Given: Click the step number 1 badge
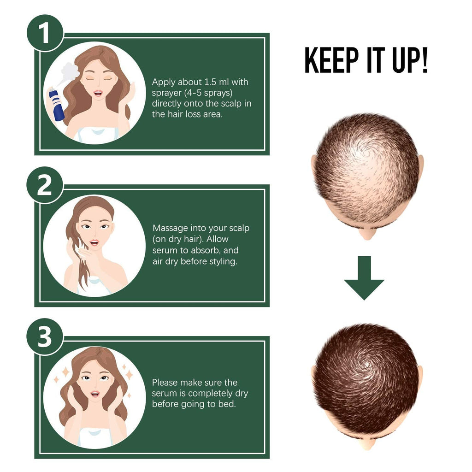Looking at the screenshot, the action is click(45, 33).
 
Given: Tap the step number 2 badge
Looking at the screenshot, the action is click(45, 185).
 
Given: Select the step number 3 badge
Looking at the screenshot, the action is click(45, 337).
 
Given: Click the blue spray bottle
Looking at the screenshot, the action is click(56, 104).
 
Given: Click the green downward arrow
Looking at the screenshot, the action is click(364, 278).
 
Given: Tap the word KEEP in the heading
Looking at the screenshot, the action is click(331, 60).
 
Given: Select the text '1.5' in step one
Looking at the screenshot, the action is click(210, 82).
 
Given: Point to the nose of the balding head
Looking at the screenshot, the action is click(367, 234).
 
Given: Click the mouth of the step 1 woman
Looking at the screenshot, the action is click(98, 93).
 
